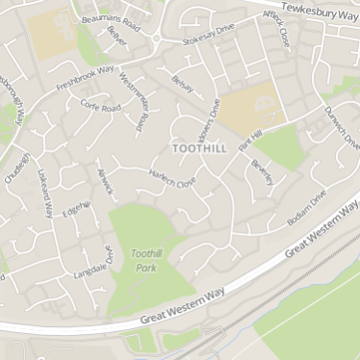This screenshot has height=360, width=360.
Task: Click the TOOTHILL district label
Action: (x=199, y=148)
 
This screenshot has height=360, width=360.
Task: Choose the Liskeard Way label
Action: (x=44, y=193)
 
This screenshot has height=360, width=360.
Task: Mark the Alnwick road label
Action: (x=104, y=180)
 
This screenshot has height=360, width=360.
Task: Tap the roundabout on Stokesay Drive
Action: (x=154, y=39)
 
